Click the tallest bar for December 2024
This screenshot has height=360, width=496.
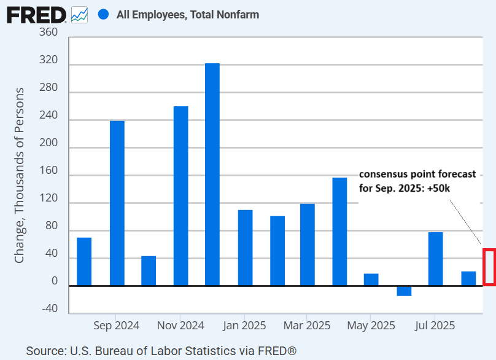tap(212, 174)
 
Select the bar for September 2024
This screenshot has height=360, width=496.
tap(117, 203)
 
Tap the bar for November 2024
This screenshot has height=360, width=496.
tap(180, 195)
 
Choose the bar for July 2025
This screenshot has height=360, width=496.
tap(435, 259)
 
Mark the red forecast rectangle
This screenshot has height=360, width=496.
tap(489, 267)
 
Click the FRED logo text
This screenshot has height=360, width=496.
tap(36, 14)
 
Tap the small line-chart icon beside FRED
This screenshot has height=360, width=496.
tap(79, 14)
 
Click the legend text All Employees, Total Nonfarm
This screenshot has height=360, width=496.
tap(187, 14)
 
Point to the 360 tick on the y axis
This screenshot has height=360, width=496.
tap(49, 32)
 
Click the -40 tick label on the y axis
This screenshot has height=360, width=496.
tap(49, 309)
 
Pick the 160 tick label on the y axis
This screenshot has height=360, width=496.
tap(49, 175)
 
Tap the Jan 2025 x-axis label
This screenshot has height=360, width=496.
tap(244, 325)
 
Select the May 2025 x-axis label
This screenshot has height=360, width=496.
tap(371, 325)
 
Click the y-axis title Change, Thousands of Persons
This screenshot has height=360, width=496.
tap(20, 176)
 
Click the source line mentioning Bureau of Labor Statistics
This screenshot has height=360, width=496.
tap(161, 351)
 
